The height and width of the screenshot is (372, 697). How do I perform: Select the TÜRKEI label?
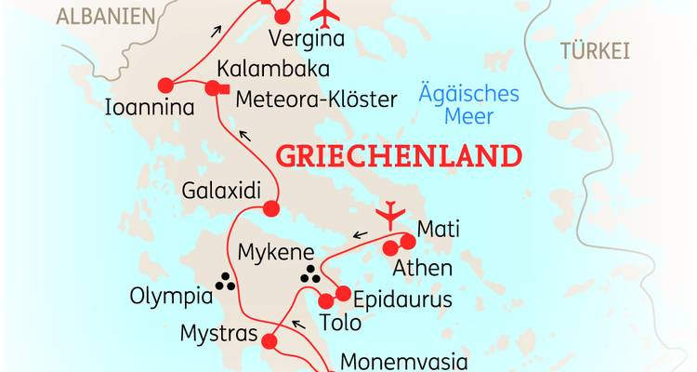595,52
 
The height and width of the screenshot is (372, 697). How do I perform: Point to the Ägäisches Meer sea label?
468,105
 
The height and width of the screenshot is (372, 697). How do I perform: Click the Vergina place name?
305,39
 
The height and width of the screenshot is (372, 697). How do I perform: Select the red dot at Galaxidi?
271,207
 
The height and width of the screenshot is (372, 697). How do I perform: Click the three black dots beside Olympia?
224,280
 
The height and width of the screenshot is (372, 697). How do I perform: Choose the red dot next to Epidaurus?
342,295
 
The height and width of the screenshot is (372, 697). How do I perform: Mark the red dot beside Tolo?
325,301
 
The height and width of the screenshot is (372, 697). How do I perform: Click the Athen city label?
422,269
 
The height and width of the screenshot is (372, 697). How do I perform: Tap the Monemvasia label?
400,362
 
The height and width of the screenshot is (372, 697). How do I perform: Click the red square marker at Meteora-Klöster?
213,88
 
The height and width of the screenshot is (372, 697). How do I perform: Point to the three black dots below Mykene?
310,275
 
